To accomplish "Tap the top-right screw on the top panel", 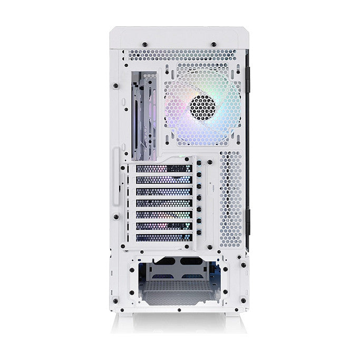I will point(213,43).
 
